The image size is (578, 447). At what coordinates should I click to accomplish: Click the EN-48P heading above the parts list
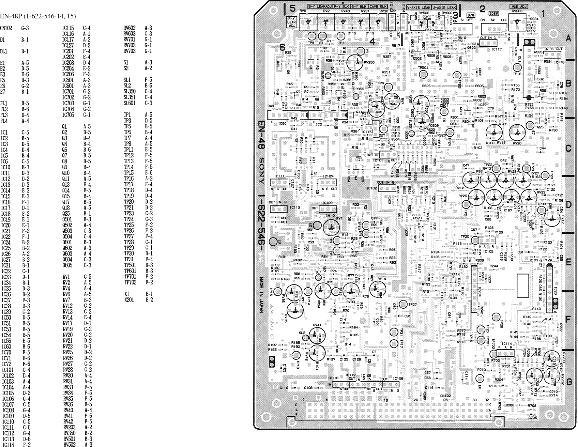pos(38,16)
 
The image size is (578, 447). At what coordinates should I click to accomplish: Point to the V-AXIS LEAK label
pos(419,7)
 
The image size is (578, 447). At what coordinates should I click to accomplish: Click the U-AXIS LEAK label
pos(444,7)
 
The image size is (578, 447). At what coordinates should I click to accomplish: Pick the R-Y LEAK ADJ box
pos(292,22)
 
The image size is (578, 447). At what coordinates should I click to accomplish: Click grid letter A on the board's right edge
pos(568,39)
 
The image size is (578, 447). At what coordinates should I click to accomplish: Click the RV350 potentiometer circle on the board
pos(356,63)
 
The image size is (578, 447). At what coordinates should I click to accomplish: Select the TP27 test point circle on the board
pos(403,304)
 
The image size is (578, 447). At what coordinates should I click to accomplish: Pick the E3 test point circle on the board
pos(273,242)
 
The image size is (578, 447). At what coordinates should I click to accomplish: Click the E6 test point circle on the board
pos(480,378)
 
